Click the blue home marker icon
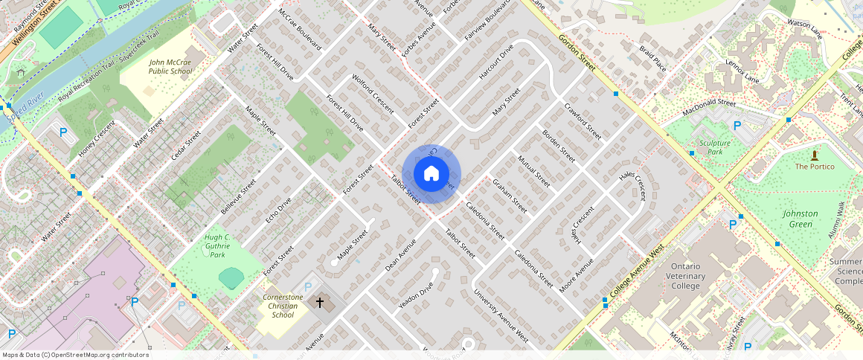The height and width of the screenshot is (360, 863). tap(431, 174)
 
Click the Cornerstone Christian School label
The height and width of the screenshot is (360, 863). tap(283, 306)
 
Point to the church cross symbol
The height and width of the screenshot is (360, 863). tap(321, 303)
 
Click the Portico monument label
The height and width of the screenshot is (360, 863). tap(815, 167)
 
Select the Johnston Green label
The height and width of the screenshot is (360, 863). tap(800, 219)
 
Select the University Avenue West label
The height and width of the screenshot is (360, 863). tap(501, 317)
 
